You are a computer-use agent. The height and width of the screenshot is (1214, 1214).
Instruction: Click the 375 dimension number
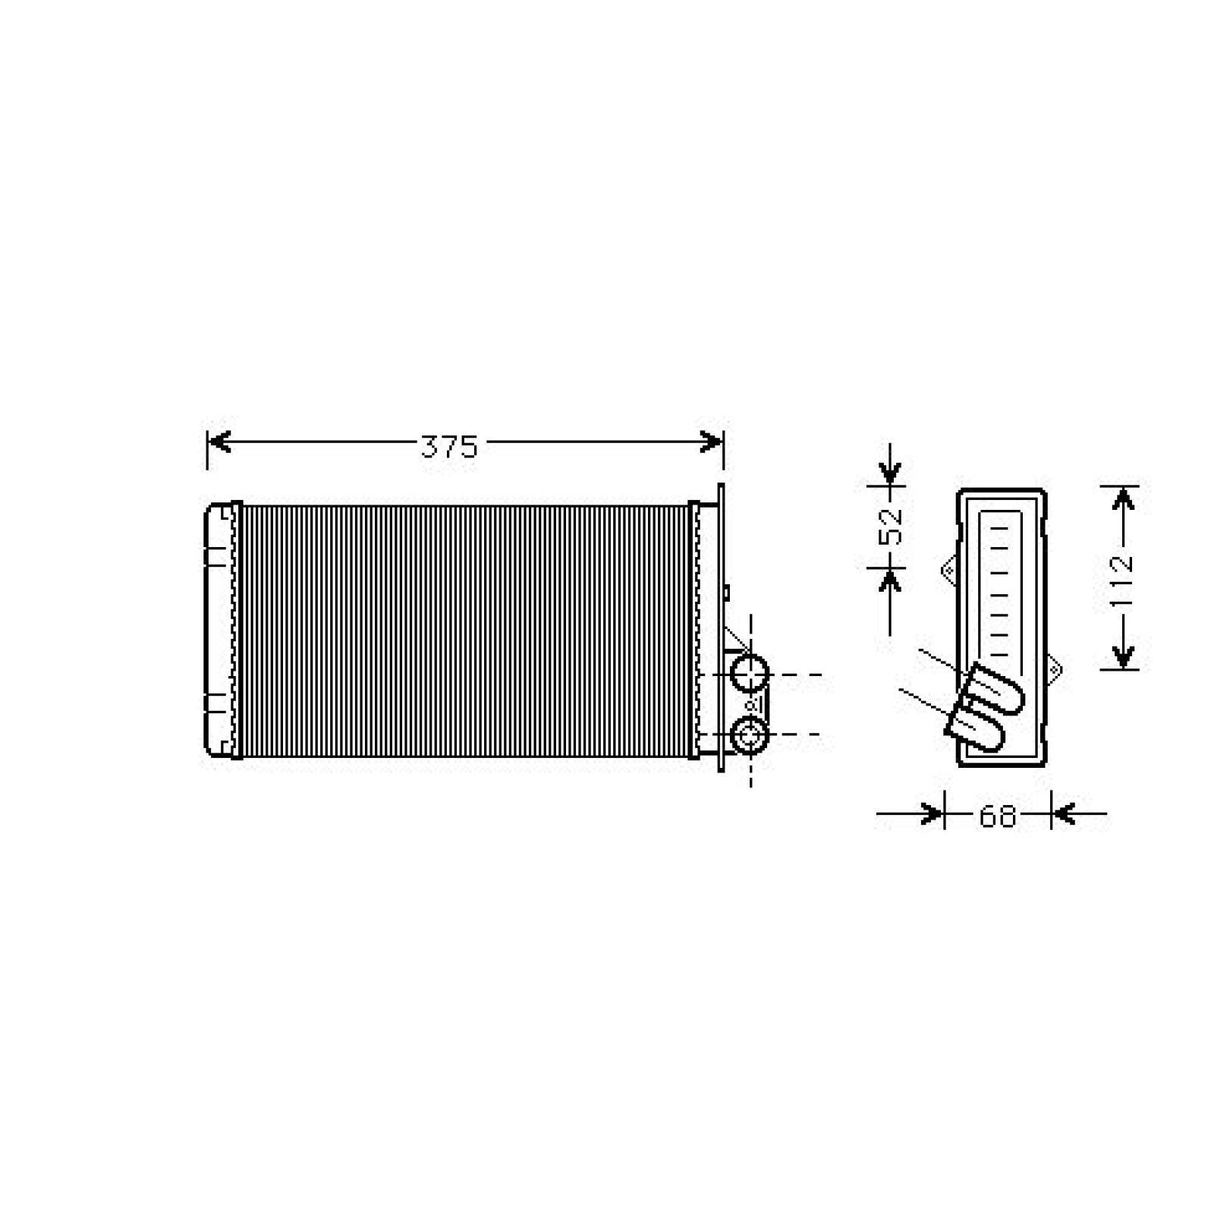click(449, 447)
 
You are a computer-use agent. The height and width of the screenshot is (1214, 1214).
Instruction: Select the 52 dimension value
click(892, 524)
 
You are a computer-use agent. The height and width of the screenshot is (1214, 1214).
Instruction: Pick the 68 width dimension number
click(997, 816)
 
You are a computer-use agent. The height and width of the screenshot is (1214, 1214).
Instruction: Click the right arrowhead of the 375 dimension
click(711, 442)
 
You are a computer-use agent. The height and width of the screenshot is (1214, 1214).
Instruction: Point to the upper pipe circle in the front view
click(750, 674)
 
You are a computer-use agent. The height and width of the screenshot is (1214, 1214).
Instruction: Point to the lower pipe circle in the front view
click(750, 734)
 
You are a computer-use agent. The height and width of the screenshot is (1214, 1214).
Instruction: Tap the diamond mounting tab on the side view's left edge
click(949, 569)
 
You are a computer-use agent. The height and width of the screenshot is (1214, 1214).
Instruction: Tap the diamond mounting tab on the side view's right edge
click(1054, 668)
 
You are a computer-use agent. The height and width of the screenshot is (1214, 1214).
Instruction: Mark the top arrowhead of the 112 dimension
click(1123, 498)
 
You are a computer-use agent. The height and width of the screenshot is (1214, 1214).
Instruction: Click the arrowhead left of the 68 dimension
click(932, 815)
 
